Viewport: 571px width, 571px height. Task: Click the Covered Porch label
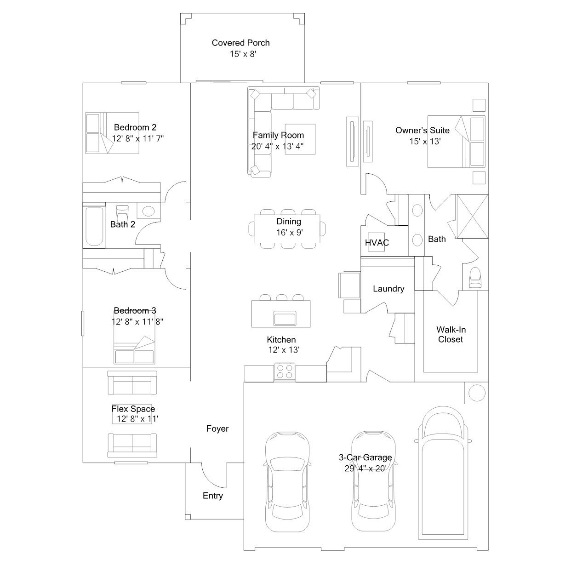(240, 43)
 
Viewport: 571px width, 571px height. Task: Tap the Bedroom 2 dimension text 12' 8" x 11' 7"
(138, 138)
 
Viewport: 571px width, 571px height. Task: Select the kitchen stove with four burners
(285, 372)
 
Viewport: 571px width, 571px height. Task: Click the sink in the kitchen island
(285, 318)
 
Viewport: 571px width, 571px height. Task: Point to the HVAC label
(377, 243)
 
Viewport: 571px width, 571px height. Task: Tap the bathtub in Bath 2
(95, 227)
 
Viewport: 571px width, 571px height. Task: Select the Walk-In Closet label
(451, 335)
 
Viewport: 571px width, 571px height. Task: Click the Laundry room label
(388, 289)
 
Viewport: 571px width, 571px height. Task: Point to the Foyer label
(217, 428)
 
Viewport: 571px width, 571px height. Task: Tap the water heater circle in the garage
(477, 393)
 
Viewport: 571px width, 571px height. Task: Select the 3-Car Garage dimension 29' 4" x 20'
(365, 468)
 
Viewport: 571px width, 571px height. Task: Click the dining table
(287, 229)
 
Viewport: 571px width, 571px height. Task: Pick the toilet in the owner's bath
(475, 277)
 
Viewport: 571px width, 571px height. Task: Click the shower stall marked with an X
(472, 217)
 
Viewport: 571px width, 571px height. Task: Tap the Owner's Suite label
(422, 131)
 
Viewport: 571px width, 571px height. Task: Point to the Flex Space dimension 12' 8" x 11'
(137, 419)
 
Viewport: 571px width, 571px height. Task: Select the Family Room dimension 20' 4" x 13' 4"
(278, 146)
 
